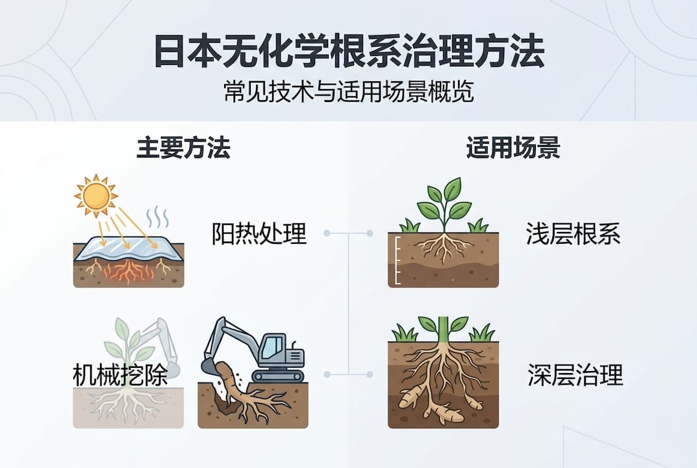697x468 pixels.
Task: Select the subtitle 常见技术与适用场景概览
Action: [348, 91]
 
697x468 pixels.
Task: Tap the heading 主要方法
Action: [183, 149]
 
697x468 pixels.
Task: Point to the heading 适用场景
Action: [513, 149]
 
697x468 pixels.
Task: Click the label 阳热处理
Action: [259, 233]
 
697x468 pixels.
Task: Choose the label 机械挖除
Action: [120, 375]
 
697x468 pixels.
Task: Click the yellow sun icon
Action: [96, 193]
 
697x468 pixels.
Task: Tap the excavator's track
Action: [278, 375]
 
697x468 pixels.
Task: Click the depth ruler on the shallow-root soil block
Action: [394, 254]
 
